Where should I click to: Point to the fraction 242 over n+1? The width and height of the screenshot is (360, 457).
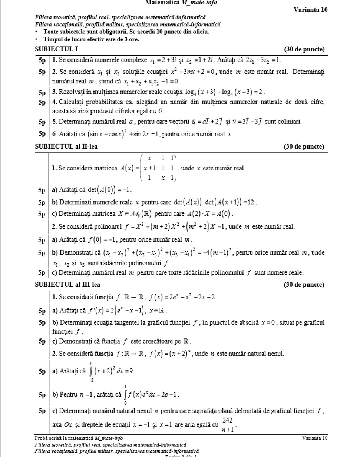tap(228, 424)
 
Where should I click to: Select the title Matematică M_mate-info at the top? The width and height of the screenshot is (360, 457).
tap(181, 3)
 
